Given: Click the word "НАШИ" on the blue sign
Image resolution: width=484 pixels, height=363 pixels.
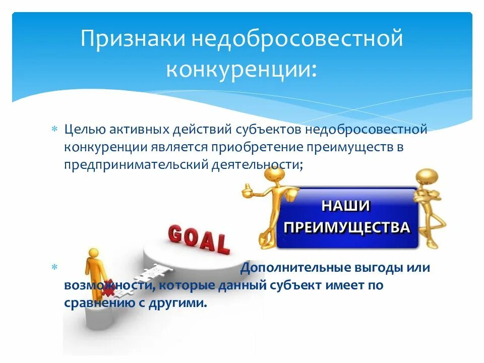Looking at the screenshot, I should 346,206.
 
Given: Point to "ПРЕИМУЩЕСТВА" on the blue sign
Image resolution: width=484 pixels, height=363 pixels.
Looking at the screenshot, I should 347,227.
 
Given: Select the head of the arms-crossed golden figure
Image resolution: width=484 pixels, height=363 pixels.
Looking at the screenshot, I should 427,177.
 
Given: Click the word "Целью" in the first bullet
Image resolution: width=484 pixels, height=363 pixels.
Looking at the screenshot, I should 83,130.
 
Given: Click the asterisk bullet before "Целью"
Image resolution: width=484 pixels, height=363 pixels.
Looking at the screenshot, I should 55,130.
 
